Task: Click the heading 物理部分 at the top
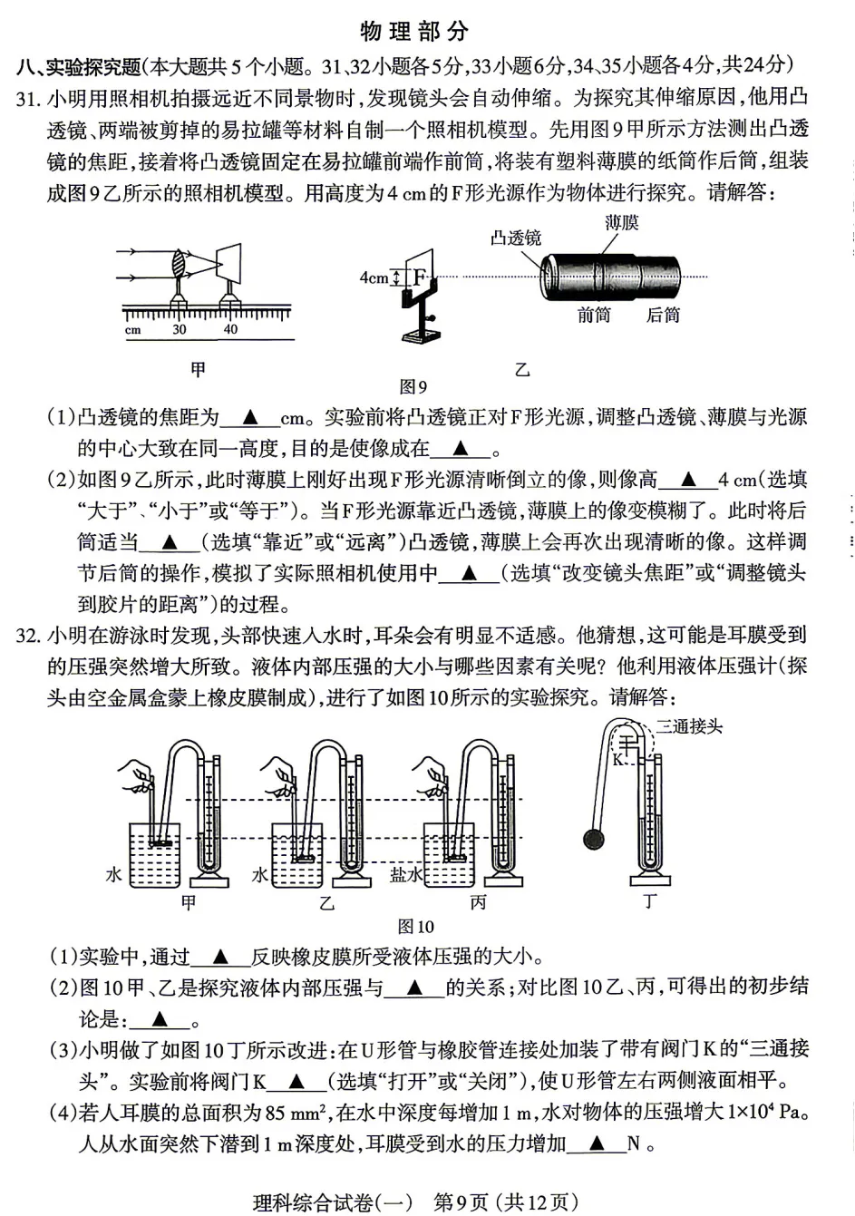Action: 414,32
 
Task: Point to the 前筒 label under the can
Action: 594,316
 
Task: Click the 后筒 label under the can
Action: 663,316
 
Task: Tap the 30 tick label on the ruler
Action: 179,330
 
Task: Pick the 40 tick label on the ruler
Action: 230,330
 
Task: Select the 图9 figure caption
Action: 413,388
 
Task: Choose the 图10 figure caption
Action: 416,927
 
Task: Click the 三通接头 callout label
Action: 689,726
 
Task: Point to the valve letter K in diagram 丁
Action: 617,759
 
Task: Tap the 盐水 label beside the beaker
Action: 405,875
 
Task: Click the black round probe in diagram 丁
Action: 594,840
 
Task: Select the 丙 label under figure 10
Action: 478,902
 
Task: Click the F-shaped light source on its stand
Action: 419,277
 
